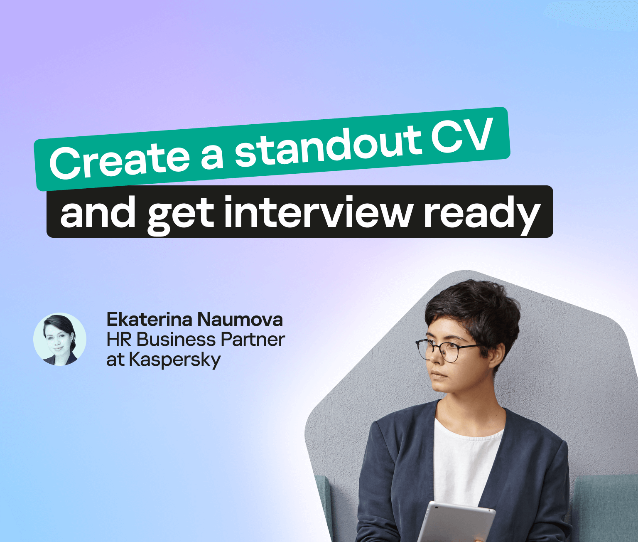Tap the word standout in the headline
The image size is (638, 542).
(x=328, y=145)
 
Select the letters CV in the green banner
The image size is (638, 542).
(x=461, y=135)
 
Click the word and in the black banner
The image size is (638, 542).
(x=98, y=212)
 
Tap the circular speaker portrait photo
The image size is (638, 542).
(x=60, y=339)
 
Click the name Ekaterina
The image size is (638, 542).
(x=150, y=319)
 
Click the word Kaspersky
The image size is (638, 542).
(x=175, y=360)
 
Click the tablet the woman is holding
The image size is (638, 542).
(x=455, y=522)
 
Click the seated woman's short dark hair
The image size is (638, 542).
(x=472, y=312)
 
